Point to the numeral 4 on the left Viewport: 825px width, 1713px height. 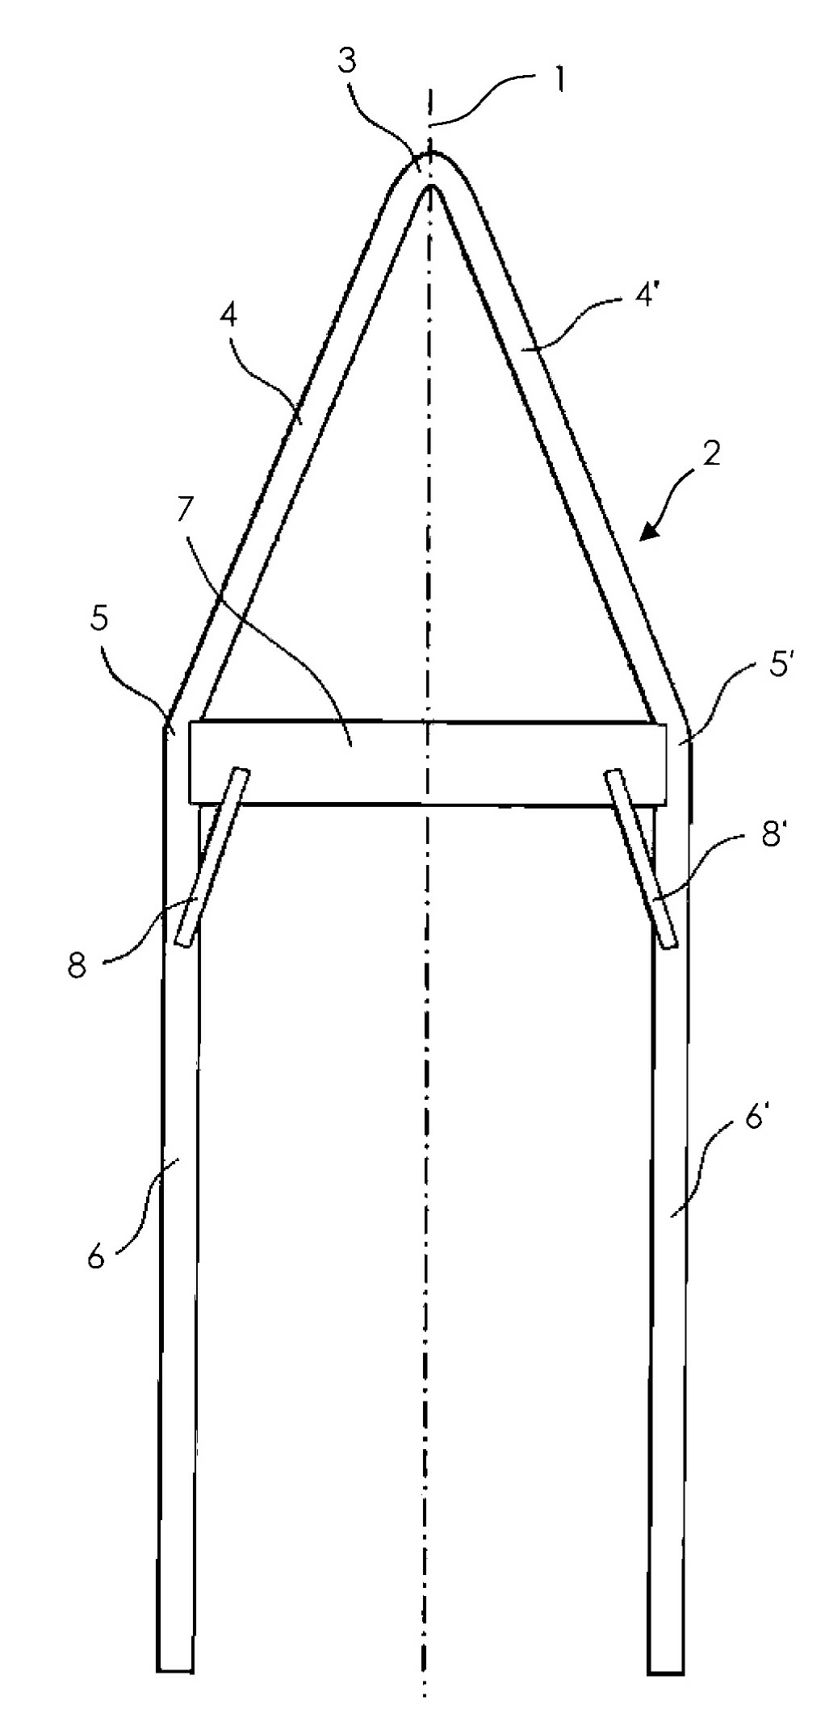[x=228, y=315]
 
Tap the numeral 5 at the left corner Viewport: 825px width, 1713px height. [x=100, y=618]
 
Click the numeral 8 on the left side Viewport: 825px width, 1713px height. [x=77, y=965]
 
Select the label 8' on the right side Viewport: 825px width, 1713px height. [x=773, y=835]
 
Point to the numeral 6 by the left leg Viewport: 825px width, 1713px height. [x=96, y=1256]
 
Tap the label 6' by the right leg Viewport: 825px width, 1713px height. [x=756, y=1119]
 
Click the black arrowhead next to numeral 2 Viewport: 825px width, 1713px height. [x=649, y=529]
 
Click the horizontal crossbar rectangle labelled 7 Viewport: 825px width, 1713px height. [x=429, y=762]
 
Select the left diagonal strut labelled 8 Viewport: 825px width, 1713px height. [x=212, y=857]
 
